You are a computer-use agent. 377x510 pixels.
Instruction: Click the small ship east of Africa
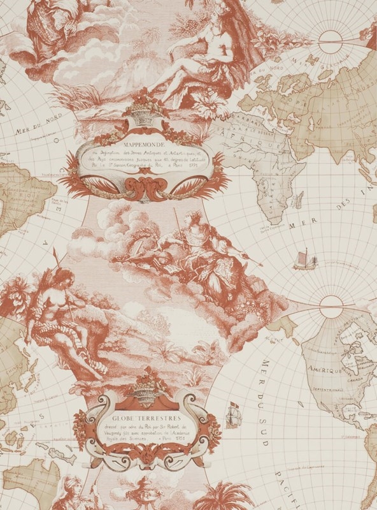pos(305,259)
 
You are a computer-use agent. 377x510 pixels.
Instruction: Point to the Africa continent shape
pos(268,166)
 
